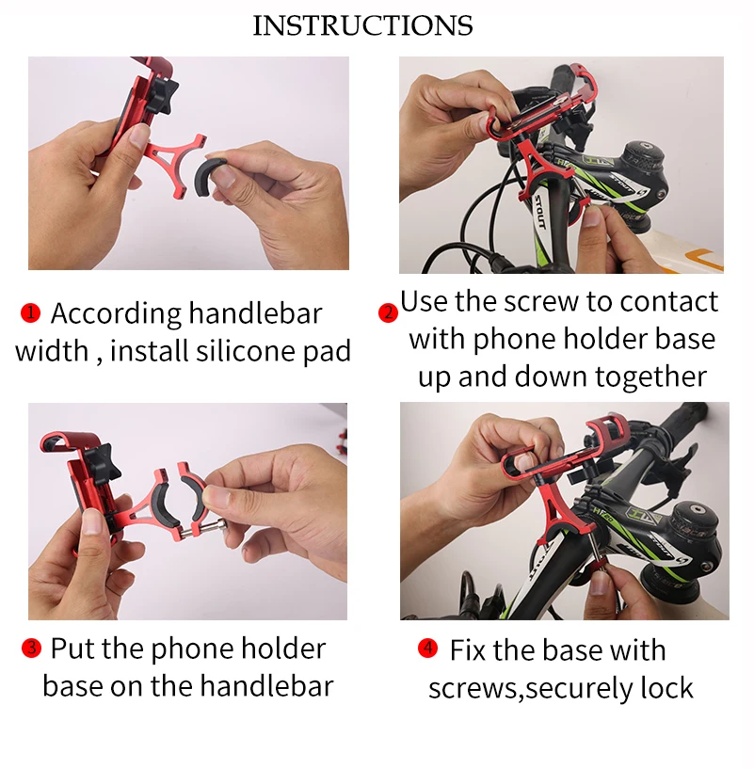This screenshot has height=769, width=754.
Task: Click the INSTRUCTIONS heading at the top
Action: click(362, 25)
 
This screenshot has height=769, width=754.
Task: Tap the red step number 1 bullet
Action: click(30, 312)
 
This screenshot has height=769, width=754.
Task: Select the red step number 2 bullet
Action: click(388, 312)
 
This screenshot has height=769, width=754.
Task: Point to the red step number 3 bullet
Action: click(31, 648)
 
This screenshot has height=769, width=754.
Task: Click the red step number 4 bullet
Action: click(427, 648)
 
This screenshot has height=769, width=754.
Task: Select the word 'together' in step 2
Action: click(650, 376)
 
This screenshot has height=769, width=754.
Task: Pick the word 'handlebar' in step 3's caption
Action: click(266, 685)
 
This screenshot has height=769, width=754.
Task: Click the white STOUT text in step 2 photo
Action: click(538, 212)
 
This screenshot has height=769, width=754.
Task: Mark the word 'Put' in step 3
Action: click(72, 648)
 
